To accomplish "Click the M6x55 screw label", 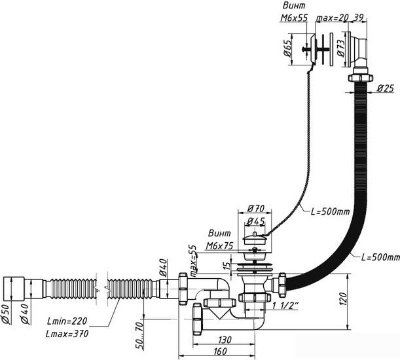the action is tap(294, 18).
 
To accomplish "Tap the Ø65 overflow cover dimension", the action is tap(287, 48).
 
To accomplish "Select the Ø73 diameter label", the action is tap(341, 48).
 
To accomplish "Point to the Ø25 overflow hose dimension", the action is tap(386, 88).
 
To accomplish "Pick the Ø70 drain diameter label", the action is tap(255, 208).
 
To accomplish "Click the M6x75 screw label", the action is tap(220, 245).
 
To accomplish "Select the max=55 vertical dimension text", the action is tap(194, 261).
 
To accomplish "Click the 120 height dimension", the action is tap(343, 299).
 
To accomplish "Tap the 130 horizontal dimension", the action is tap(225, 340).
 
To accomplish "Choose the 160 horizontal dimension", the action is tap(219, 351).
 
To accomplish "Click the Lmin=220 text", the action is tap(67, 321).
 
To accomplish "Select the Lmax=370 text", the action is tap(67, 333).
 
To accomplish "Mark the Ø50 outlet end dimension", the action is tap(7, 315).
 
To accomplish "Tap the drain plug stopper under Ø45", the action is tap(254, 238).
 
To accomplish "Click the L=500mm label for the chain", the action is tap(330, 211).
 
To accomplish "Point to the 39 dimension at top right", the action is tap(359, 18).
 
